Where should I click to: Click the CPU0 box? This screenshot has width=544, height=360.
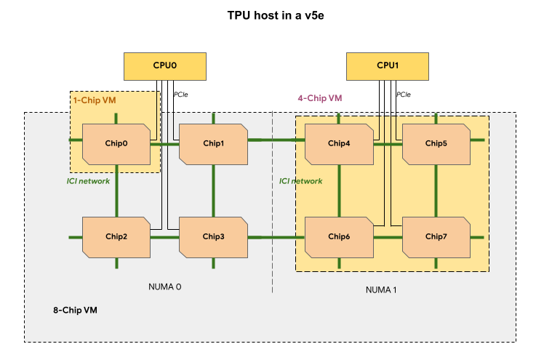pyautogui.click(x=164, y=65)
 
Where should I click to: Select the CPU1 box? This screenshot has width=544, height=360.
pyautogui.click(x=387, y=65)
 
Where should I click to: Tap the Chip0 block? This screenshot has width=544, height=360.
pyautogui.click(x=116, y=143)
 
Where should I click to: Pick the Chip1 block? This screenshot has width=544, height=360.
pyautogui.click(x=213, y=143)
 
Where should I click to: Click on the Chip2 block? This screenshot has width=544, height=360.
pyautogui.click(x=116, y=236)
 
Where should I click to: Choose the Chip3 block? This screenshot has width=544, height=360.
pyautogui.click(x=213, y=236)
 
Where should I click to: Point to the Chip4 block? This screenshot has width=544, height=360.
pyautogui.click(x=338, y=143)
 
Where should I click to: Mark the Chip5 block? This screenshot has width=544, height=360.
pyautogui.click(x=436, y=143)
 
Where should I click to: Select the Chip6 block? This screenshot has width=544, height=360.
pyautogui.click(x=338, y=236)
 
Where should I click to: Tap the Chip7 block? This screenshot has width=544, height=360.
pyautogui.click(x=436, y=236)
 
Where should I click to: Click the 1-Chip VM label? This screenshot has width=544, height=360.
pyautogui.click(x=94, y=100)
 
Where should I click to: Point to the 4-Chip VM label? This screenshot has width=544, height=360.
pyautogui.click(x=319, y=97)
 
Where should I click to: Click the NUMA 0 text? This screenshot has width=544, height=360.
pyautogui.click(x=164, y=287)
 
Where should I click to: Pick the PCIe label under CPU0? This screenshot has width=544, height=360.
pyautogui.click(x=180, y=94)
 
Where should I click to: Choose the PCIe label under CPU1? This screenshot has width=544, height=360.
pyautogui.click(x=403, y=94)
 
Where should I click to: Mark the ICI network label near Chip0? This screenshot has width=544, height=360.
pyautogui.click(x=88, y=181)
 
